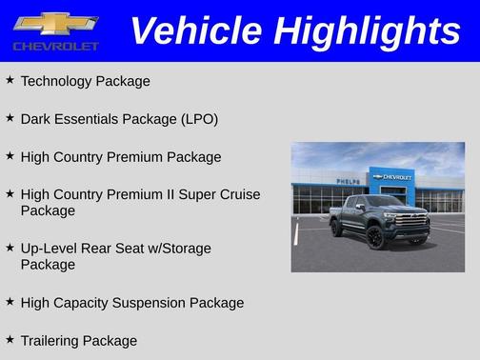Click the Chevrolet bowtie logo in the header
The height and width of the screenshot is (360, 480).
(x=55, y=23)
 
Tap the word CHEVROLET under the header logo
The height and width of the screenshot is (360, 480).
(x=55, y=46)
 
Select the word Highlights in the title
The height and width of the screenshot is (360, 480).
(x=367, y=30)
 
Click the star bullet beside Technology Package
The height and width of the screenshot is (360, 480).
(x=10, y=80)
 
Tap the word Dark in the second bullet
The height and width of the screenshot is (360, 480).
(x=36, y=119)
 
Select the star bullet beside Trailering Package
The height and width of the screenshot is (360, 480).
(x=10, y=339)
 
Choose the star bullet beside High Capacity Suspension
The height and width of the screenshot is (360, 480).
(x=10, y=302)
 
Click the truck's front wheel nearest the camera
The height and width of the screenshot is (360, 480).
(x=375, y=237)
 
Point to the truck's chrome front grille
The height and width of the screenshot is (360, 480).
(x=412, y=223)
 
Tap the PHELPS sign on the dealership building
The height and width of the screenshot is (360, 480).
(x=349, y=180)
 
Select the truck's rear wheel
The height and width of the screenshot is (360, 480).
(x=337, y=228)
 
